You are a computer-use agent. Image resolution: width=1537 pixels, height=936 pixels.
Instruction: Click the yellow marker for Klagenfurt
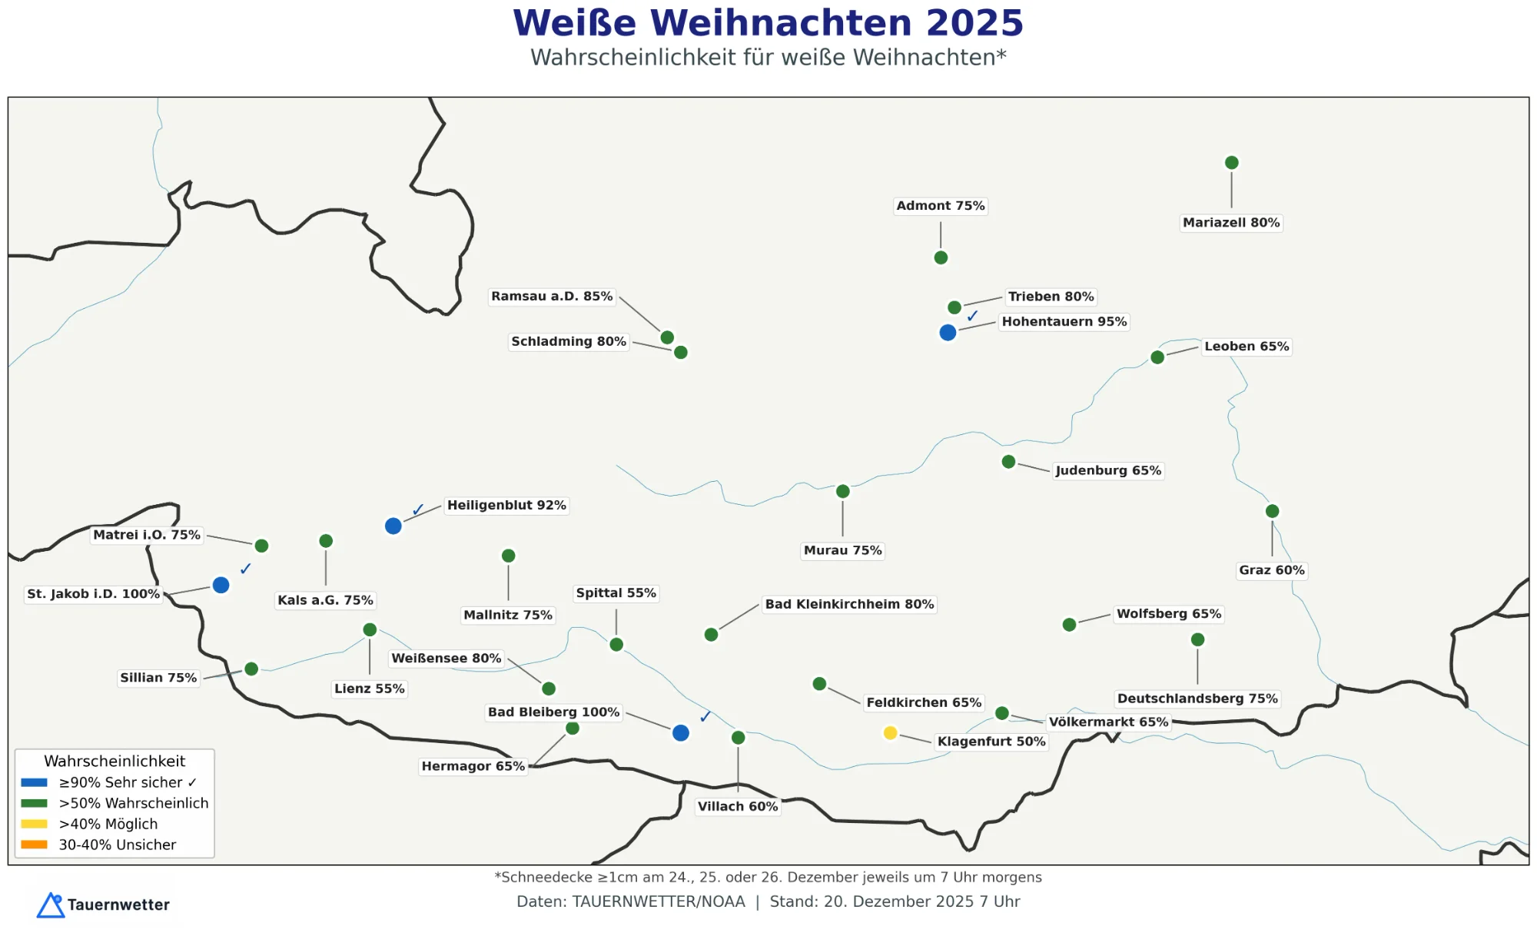[890, 733]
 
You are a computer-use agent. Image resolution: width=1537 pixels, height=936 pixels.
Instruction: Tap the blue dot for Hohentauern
[948, 333]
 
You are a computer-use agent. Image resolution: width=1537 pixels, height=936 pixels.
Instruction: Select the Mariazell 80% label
[1231, 223]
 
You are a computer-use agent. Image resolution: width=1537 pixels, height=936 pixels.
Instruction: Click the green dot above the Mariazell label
[1231, 163]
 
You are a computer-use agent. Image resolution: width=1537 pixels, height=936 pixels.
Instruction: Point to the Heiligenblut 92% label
[506, 506]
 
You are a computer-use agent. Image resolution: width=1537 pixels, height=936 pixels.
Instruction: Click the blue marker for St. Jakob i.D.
[221, 586]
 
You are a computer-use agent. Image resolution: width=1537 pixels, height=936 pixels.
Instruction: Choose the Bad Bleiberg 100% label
[553, 712]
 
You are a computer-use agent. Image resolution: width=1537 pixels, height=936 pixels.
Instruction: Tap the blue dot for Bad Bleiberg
[680, 733]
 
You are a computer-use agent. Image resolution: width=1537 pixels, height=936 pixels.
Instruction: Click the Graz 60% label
[1272, 570]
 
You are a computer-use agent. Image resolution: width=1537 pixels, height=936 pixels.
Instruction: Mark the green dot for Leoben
[1157, 357]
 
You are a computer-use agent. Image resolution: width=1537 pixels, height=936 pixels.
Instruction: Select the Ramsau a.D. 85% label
[552, 297]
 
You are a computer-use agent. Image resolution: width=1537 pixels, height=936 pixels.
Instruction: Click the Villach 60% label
[738, 806]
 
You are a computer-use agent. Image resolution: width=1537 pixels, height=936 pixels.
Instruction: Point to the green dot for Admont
[941, 257]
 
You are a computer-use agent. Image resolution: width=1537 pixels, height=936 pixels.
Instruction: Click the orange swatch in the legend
[34, 845]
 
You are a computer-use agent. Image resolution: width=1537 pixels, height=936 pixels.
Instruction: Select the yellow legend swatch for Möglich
[34, 824]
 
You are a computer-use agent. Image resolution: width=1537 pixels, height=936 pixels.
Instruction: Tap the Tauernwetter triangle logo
[51, 905]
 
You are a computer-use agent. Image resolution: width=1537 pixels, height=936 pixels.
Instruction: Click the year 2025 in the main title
[974, 23]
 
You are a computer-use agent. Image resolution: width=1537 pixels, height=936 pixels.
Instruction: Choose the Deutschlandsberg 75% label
[1197, 699]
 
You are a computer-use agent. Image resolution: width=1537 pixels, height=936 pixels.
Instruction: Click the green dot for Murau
[842, 492]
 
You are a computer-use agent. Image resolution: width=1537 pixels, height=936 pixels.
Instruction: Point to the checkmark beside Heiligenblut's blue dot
[418, 509]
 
